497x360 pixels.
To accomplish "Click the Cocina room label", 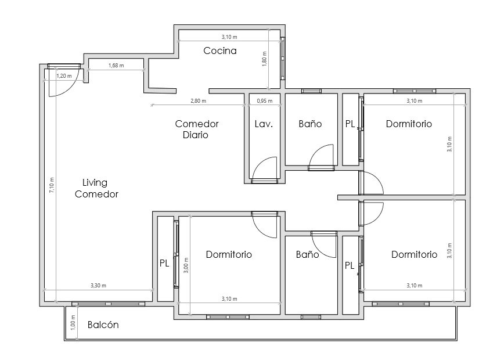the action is (220, 51).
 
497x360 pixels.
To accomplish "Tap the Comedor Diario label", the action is (196, 129).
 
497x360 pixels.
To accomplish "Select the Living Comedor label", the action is (96, 188).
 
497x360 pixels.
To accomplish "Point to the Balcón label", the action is (103, 325).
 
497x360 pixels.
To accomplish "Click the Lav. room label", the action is (264, 124).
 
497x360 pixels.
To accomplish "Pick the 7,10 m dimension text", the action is (52, 185).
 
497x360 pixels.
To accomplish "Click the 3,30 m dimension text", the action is (98, 286).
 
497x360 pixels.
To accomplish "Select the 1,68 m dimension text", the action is (116, 66).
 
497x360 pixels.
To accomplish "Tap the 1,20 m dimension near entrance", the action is (64, 76).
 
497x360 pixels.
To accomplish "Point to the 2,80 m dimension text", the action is (198, 101).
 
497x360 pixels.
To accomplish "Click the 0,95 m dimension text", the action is (264, 101).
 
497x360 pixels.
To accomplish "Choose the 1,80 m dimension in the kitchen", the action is (264, 59).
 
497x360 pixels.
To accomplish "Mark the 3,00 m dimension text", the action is (186, 265).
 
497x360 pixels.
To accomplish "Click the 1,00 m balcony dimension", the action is (73, 323).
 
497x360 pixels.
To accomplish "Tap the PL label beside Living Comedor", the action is (164, 264).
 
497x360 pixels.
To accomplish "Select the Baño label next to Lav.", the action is (310, 124).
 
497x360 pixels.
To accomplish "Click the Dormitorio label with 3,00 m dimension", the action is (229, 254).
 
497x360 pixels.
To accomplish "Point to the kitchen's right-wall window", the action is (283, 58).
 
